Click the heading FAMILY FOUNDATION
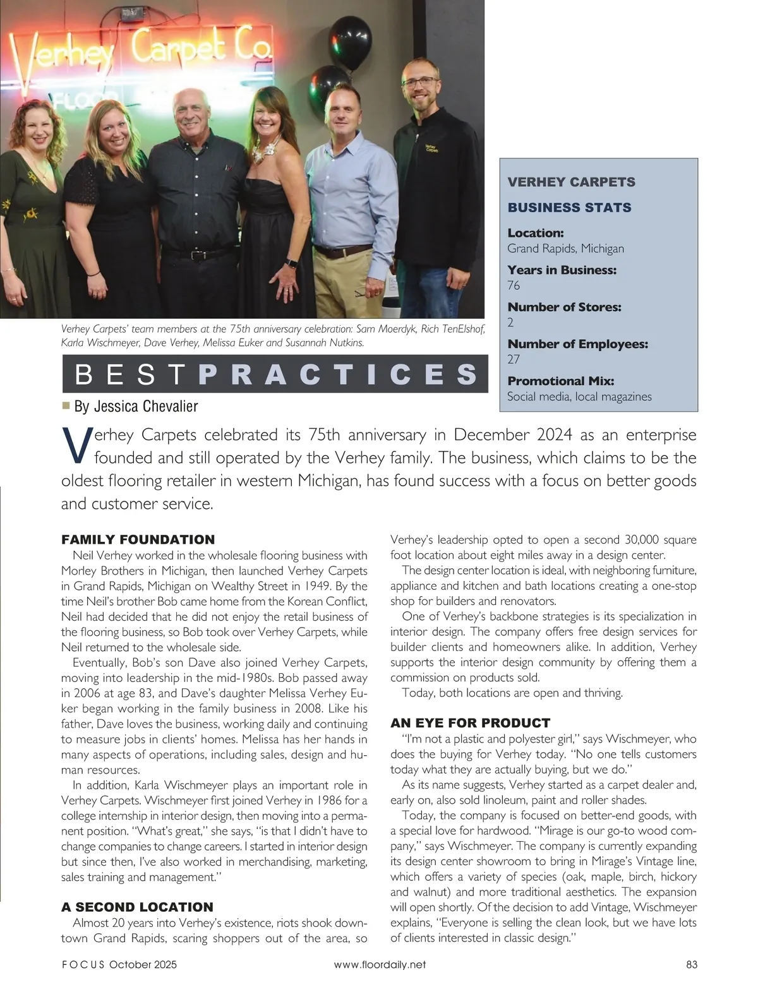pyautogui.click(x=138, y=539)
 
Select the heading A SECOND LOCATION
pyautogui.click(x=137, y=907)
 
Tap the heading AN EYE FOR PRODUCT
pyautogui.click(x=470, y=722)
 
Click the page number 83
pyautogui.click(x=691, y=964)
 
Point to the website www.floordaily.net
pyautogui.click(x=379, y=964)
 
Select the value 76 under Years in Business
pyautogui.click(x=514, y=285)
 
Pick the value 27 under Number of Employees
pyautogui.click(x=514, y=359)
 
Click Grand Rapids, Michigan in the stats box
pyautogui.click(x=565, y=248)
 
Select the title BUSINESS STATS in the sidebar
pyautogui.click(x=569, y=208)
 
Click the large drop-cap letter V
pyautogui.click(x=75, y=445)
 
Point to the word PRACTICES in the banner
pyautogui.click(x=337, y=374)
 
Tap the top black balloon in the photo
pyautogui.click(x=351, y=37)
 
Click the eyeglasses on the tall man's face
pyautogui.click(x=419, y=81)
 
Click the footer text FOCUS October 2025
pyautogui.click(x=119, y=964)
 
